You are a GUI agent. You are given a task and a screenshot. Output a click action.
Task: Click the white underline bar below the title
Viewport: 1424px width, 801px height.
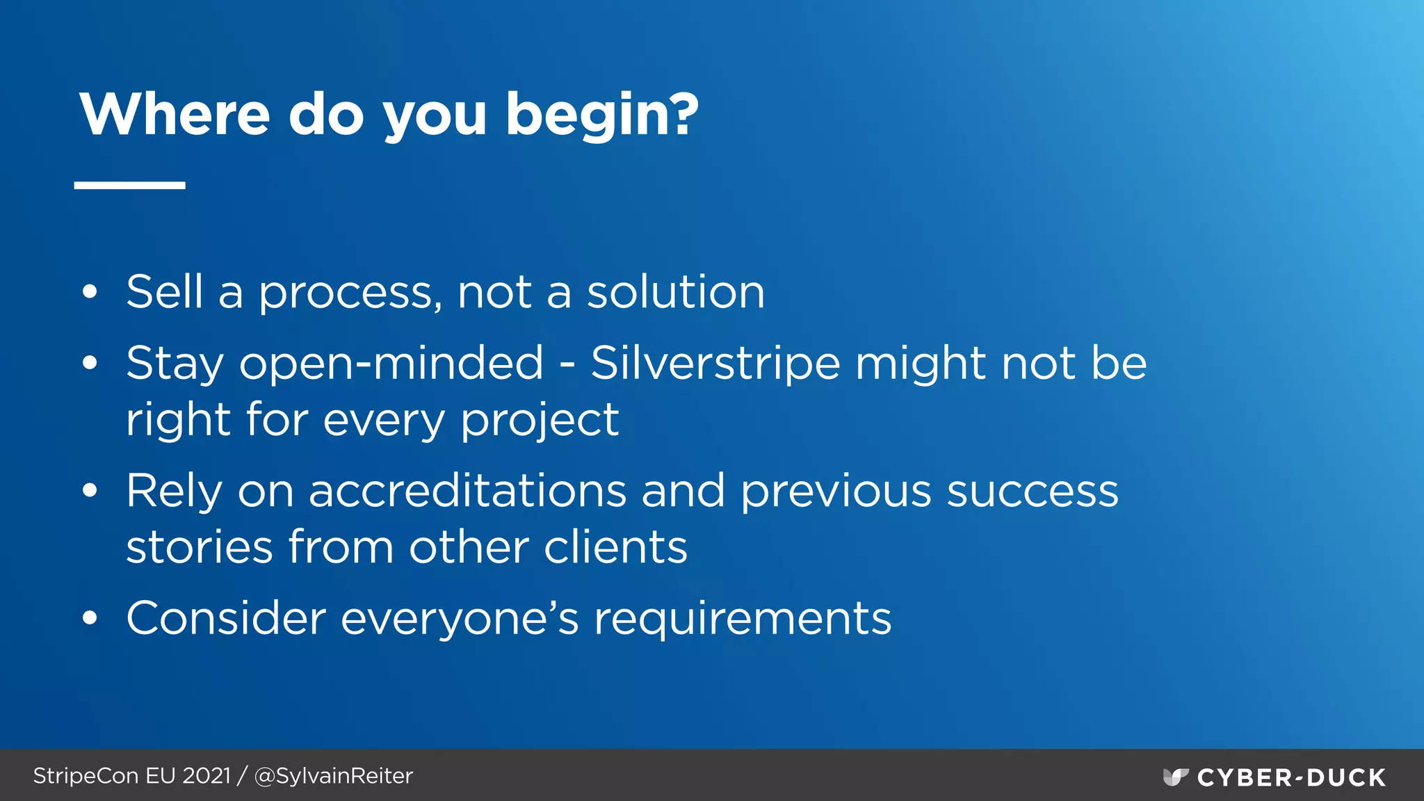130,185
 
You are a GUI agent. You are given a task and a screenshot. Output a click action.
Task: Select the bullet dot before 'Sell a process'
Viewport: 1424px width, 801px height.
90,293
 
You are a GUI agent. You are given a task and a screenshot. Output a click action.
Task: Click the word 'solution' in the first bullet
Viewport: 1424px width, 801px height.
676,292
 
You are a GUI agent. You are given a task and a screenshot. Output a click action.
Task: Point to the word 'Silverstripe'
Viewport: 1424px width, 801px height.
715,364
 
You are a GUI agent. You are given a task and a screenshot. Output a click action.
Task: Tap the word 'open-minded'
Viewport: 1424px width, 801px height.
391,364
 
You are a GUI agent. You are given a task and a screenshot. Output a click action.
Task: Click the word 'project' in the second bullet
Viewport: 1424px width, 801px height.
540,421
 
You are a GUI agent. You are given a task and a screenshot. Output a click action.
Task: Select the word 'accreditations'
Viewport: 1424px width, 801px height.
467,491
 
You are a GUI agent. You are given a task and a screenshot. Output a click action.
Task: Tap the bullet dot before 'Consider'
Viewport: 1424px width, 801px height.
90,618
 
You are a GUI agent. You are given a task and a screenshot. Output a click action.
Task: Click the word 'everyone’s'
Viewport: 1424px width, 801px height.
460,618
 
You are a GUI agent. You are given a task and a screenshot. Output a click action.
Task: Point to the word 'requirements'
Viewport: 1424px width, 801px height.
742,618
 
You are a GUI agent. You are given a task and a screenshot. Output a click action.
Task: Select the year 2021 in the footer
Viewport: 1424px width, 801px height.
207,776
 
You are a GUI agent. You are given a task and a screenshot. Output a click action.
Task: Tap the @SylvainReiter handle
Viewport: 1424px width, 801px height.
334,776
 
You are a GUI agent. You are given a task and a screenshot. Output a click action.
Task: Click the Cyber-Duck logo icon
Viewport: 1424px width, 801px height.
1175,777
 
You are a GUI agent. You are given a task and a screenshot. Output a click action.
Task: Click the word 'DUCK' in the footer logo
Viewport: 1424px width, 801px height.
1347,777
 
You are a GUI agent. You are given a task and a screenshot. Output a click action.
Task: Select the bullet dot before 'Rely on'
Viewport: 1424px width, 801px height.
90,491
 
